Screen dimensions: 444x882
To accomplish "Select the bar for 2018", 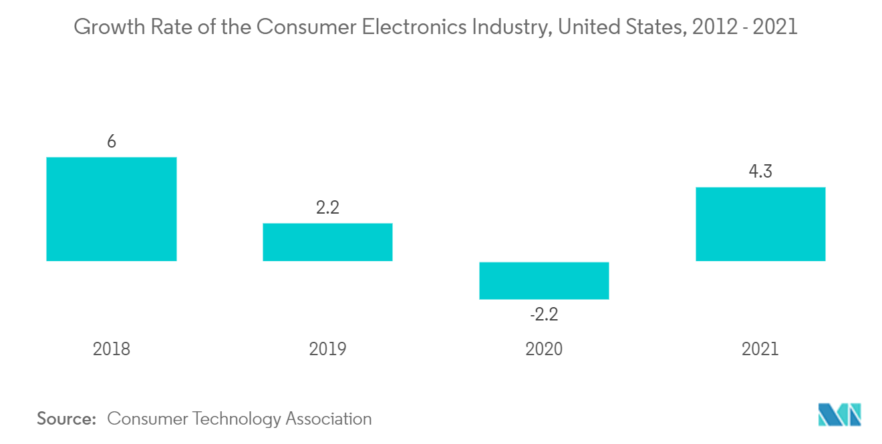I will pos(111,209).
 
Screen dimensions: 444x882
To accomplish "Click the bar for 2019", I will pos(327,242).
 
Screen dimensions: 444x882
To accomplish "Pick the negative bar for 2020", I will pos(544,280).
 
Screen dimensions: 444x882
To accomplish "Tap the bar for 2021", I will pos(760,224).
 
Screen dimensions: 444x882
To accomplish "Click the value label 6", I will pos(112,142).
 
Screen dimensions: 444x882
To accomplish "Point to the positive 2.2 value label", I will pos(327,208).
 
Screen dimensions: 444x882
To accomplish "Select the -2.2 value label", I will pos(544,314).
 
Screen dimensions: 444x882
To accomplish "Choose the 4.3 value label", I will pos(760,172).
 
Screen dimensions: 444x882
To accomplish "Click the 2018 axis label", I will pos(112,349).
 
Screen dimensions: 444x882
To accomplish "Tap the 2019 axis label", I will pos(327,349).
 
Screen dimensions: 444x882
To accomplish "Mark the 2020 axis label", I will pos(544,349).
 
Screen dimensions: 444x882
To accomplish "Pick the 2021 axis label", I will pos(760,349).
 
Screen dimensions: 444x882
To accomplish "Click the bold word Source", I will pos(67,419).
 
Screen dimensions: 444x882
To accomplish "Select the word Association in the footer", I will pos(329,419).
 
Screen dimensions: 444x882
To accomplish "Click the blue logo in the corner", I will pos(840,414).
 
